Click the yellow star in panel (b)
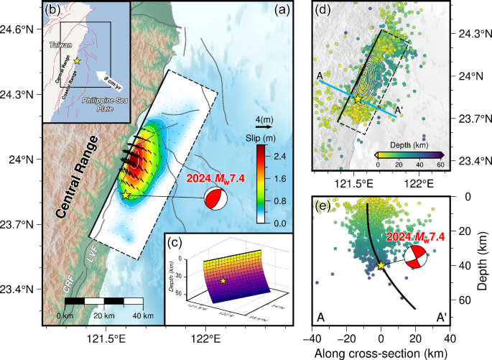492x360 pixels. pyautogui.click(x=77, y=61)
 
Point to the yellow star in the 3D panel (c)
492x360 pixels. pyautogui.click(x=223, y=280)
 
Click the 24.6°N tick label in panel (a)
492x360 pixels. pyautogui.click(x=19, y=29)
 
